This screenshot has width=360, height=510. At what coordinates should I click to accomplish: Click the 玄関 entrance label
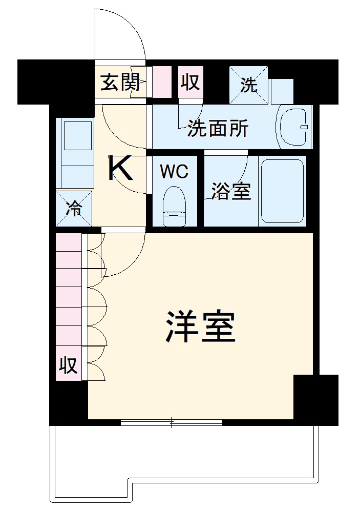tap(120, 82)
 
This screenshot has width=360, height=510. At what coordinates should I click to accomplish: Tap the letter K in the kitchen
tap(121, 169)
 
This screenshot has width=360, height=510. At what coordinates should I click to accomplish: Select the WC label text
tap(174, 172)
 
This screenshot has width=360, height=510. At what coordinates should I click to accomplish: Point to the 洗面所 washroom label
tap(218, 129)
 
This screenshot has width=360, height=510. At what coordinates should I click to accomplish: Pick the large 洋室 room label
tap(200, 326)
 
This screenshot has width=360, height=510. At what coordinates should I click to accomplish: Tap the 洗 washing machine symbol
tap(249, 85)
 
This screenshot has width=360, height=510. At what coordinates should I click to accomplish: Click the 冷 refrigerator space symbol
tap(74, 209)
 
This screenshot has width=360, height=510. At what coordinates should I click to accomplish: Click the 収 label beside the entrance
tap(190, 81)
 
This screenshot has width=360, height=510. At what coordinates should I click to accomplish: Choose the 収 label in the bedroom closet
tap(68, 365)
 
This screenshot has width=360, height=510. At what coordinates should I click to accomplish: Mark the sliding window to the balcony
tap(172, 422)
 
